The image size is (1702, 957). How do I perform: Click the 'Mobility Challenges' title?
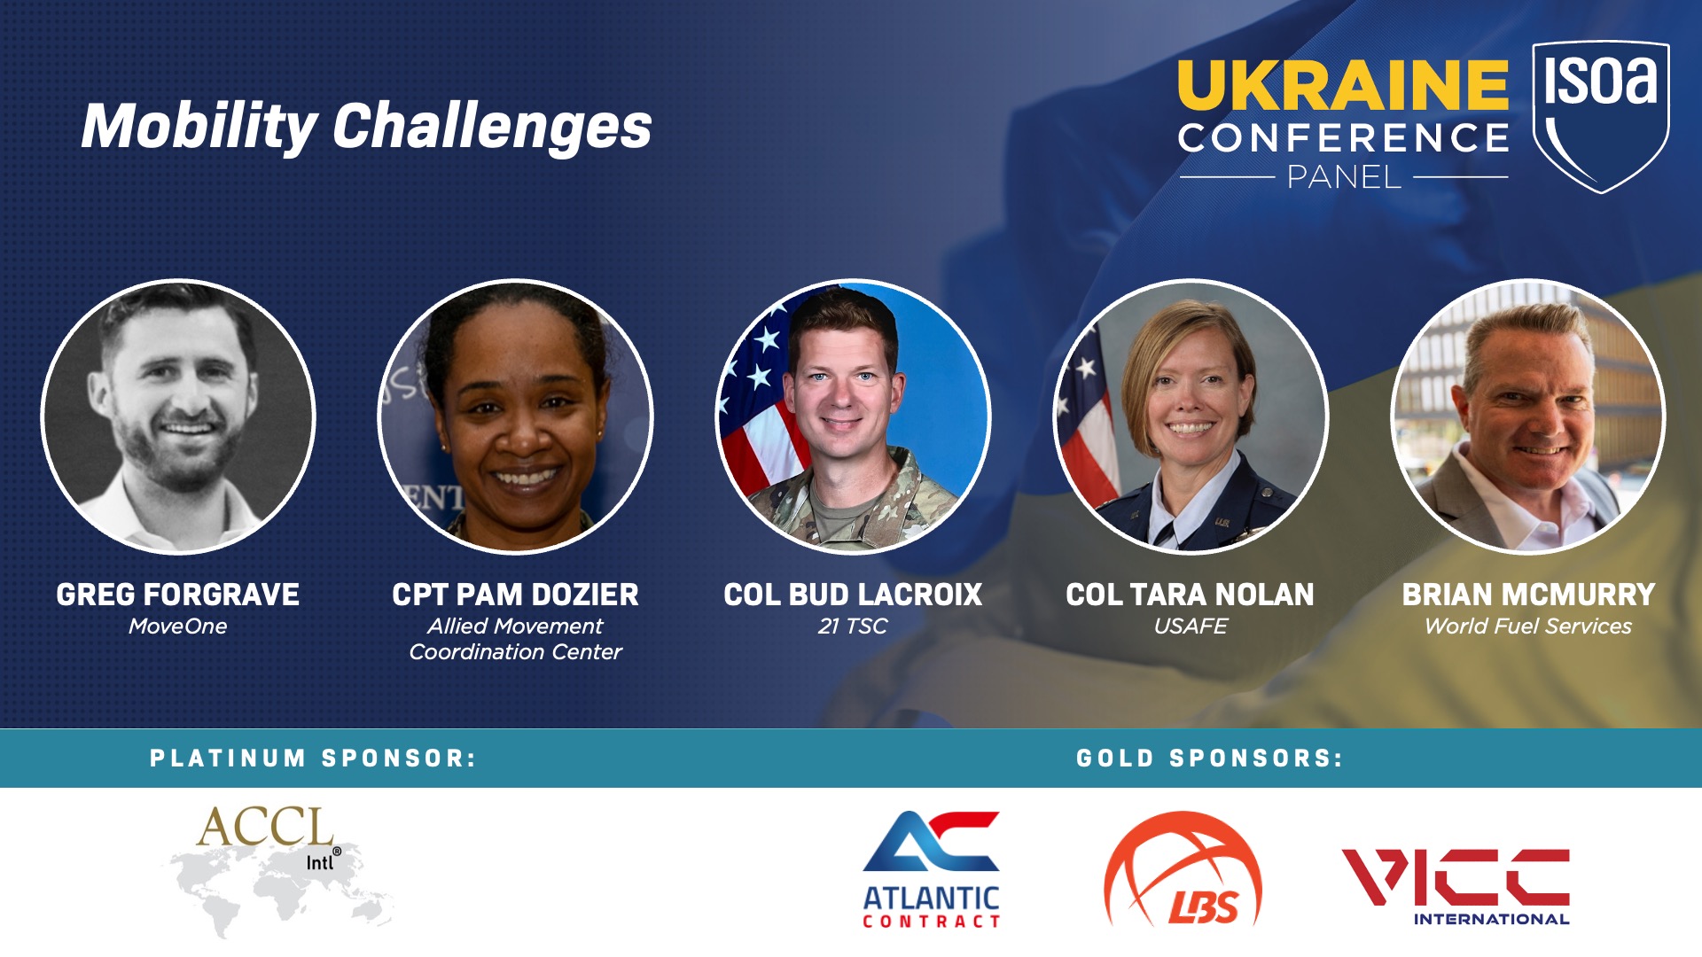click(366, 126)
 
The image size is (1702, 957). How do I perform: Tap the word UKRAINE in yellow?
click(1343, 84)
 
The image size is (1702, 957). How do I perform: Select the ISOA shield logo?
click(1601, 115)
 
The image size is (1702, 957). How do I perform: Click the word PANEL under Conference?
click(1344, 177)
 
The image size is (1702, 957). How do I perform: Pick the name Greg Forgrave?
click(178, 595)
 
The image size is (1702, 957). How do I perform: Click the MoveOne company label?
click(178, 626)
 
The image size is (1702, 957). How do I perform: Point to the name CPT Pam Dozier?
click(516, 595)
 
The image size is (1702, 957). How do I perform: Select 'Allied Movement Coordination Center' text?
click(516, 639)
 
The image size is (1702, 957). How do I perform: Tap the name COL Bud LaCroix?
click(853, 595)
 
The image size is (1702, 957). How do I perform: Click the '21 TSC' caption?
click(853, 626)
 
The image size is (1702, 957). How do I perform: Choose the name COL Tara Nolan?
click(1191, 595)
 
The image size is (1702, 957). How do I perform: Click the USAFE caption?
click(1191, 626)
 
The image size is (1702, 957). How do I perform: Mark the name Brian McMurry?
click(1528, 595)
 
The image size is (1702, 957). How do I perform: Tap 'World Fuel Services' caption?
click(1528, 626)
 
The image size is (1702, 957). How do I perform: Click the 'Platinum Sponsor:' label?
click(313, 759)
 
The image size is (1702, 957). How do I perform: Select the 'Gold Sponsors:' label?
click(1210, 759)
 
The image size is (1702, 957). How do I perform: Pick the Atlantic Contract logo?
click(931, 869)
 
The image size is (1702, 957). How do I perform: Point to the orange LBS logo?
click(1183, 869)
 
